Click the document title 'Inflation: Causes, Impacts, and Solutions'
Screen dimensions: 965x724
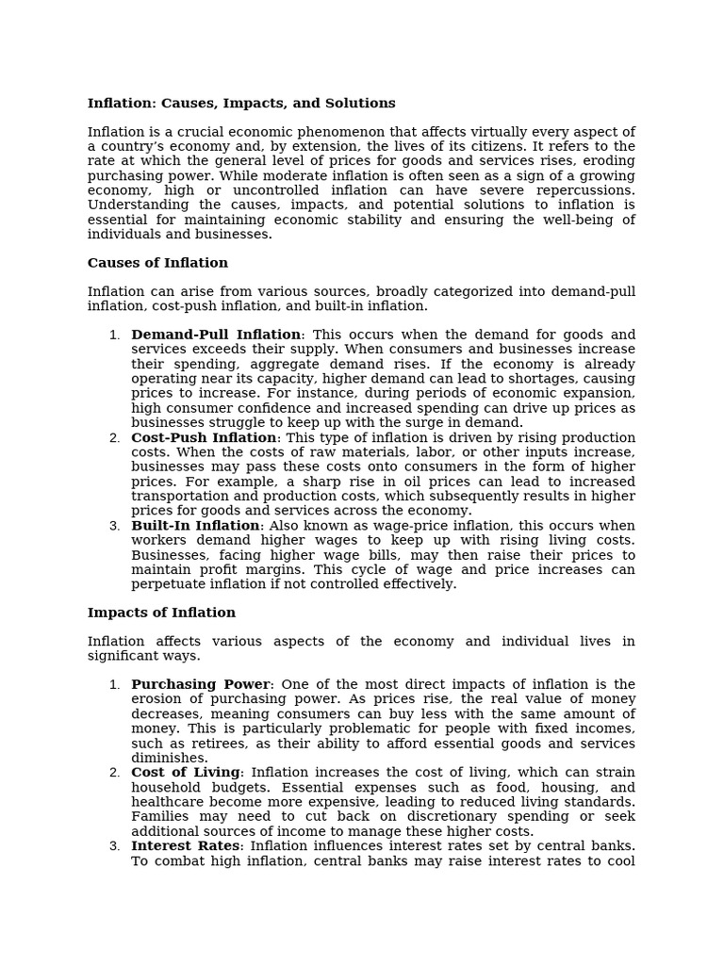tap(241, 104)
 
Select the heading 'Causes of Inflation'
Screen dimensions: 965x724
tap(157, 263)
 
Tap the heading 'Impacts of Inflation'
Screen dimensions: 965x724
tap(161, 613)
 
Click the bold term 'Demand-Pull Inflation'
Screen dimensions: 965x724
tap(216, 335)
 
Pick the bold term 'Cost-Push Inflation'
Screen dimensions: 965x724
tap(204, 438)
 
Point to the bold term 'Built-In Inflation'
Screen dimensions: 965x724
tap(195, 526)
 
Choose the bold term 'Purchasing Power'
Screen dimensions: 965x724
tap(201, 684)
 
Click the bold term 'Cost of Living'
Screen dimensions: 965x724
tap(186, 773)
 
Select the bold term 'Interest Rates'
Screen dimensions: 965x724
tap(186, 845)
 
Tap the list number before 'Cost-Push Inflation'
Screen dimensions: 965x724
tap(114, 438)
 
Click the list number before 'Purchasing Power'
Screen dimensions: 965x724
tap(114, 685)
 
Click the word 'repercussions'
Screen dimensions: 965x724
tap(588, 190)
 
